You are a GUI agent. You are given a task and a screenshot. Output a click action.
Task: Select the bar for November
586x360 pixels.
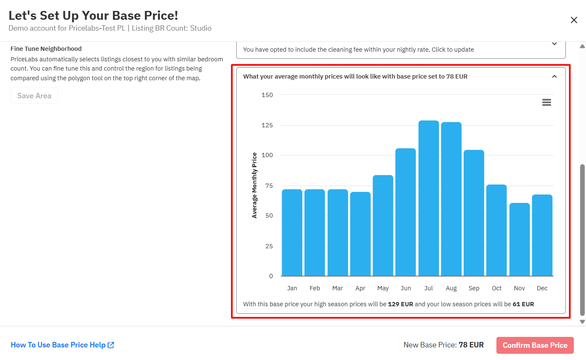[519, 239]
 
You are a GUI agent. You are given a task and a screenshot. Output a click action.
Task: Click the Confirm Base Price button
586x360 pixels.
[535, 345]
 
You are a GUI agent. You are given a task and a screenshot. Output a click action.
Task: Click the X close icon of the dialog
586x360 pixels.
[574, 20]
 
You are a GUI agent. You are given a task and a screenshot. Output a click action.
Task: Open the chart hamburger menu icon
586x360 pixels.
[546, 102]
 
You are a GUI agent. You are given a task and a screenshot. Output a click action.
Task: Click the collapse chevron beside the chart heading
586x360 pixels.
[554, 76]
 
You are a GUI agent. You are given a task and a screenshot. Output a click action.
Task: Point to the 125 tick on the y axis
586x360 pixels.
[267, 125]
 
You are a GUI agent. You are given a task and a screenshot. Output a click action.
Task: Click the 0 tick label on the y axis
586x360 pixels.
[271, 276]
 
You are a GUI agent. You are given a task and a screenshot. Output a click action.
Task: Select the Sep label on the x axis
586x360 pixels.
[474, 288]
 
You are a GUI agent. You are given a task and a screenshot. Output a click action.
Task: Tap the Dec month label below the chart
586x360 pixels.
[542, 288]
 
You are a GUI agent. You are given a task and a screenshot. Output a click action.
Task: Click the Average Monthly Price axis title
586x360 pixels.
[254, 185]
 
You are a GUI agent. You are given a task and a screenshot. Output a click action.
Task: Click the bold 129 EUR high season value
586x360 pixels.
[400, 304]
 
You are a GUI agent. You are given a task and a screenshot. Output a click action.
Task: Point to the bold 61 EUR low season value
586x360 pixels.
[523, 304]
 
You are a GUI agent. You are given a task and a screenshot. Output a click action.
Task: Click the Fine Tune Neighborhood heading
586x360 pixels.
[46, 49]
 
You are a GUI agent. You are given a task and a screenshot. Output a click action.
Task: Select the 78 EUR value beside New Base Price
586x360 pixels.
[471, 345]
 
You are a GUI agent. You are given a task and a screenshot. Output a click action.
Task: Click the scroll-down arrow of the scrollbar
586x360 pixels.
[582, 322]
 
